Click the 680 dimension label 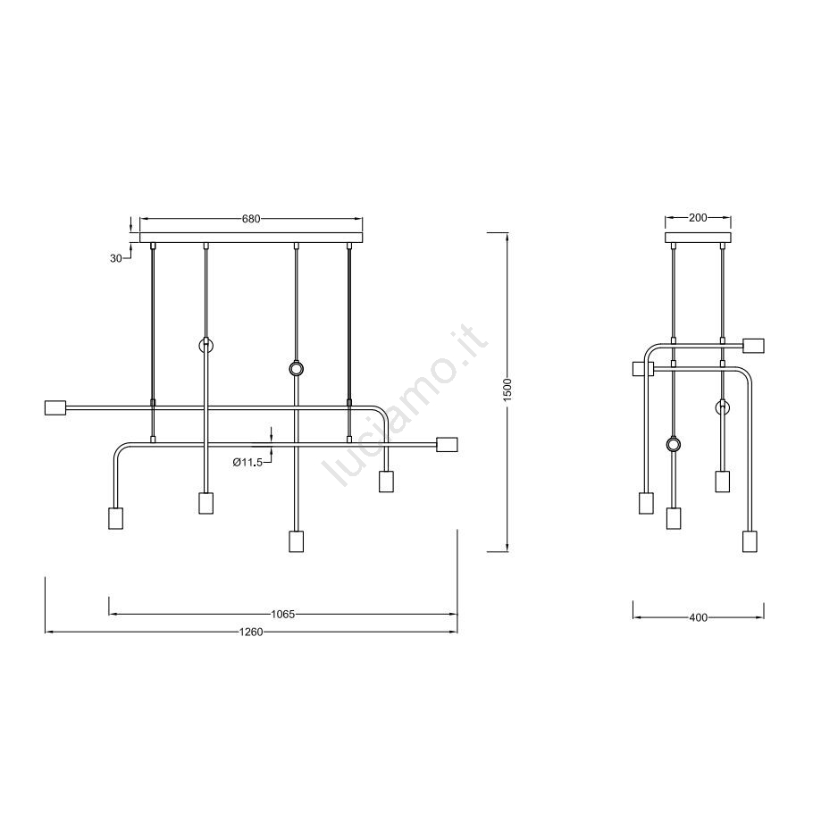pyautogui.click(x=251, y=219)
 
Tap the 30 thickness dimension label pyautogui.click(x=115, y=258)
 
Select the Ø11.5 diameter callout pyautogui.click(x=247, y=462)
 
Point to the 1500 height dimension pyautogui.click(x=507, y=389)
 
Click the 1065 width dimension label pyautogui.click(x=282, y=615)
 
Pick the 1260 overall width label pyautogui.click(x=251, y=632)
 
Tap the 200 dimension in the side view pyautogui.click(x=698, y=218)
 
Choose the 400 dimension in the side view pyautogui.click(x=699, y=617)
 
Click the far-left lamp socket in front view pyautogui.click(x=56, y=407)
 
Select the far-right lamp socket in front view pyautogui.click(x=447, y=445)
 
